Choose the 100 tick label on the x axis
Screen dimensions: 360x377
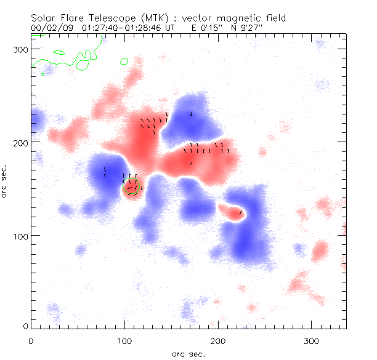(124, 340)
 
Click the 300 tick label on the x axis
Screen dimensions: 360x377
(312, 340)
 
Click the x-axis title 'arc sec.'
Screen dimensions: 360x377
(188, 354)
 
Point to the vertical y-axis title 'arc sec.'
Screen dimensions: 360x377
(5, 180)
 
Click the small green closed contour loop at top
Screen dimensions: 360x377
(124, 61)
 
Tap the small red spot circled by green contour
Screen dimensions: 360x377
(132, 188)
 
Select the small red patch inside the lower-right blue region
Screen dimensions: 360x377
(233, 211)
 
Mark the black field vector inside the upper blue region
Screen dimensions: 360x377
(192, 114)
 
